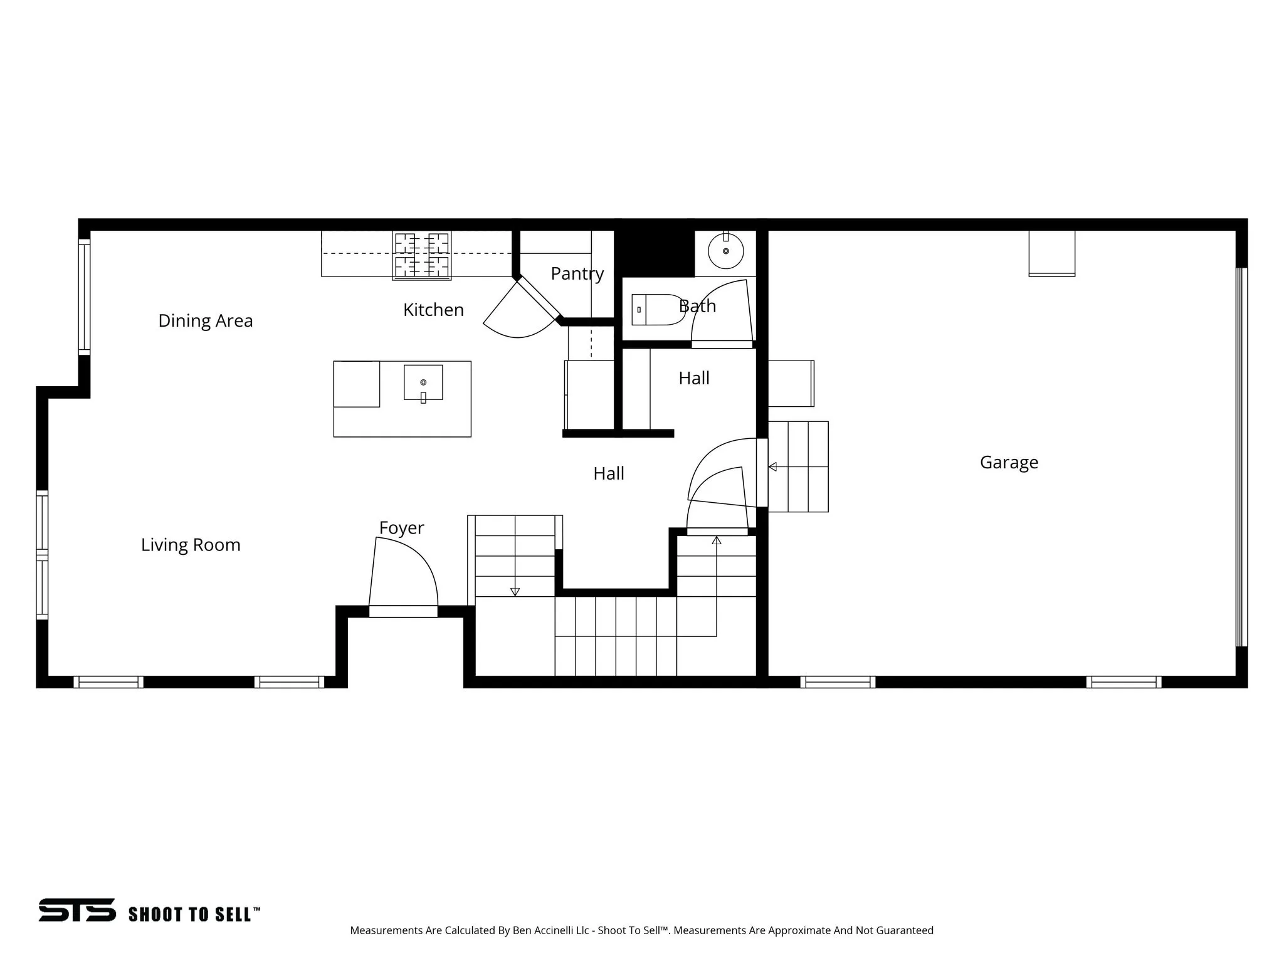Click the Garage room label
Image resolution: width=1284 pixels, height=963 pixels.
1008,463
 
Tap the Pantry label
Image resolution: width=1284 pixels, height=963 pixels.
577,273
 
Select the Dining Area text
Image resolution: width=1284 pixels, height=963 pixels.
205,321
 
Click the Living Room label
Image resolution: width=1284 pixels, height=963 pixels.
191,545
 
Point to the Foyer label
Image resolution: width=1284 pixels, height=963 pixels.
401,528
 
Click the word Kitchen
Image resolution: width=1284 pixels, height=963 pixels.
433,310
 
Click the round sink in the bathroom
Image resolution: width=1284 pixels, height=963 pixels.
725,251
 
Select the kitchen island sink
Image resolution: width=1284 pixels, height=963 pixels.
423,382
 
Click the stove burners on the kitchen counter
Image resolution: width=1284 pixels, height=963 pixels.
421,255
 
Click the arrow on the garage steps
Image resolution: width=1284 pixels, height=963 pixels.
773,466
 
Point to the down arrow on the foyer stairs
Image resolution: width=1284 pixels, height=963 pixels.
515,591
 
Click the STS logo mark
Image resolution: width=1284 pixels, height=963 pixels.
77,910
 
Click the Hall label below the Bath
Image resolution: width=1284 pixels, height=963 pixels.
694,379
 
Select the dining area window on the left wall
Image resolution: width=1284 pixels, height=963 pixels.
84,298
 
